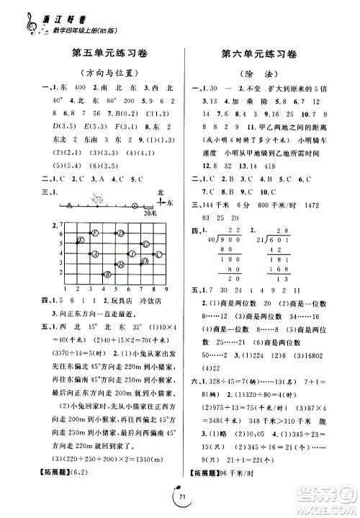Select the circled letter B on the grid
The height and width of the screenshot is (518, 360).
point(107,273)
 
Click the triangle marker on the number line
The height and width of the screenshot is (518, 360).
point(70,205)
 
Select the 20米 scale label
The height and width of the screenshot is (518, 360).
point(150,213)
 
